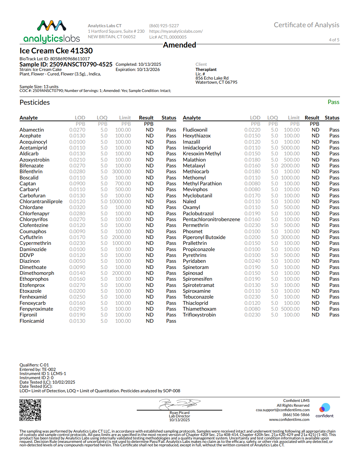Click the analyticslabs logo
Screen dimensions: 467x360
click(52, 32)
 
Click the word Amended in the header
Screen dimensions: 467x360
click(179, 45)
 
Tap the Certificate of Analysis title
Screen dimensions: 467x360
click(306, 25)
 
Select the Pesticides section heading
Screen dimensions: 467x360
click(35, 103)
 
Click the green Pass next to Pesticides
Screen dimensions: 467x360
click(333, 102)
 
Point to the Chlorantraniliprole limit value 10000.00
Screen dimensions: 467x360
click(120, 201)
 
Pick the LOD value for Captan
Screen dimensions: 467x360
click(77, 184)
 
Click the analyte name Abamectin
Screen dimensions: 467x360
click(32, 130)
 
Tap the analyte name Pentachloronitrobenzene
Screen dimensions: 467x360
click(211, 219)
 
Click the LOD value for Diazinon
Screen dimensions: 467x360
click(77, 261)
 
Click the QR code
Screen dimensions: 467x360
click(30, 410)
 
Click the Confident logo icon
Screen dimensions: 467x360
click(325, 408)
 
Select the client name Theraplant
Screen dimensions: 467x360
click(206, 70)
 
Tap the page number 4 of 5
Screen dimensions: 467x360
click(334, 40)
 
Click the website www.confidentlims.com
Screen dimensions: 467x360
click(289, 419)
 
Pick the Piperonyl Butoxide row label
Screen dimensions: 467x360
click(204, 237)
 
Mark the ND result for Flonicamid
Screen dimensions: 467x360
click(150, 321)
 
